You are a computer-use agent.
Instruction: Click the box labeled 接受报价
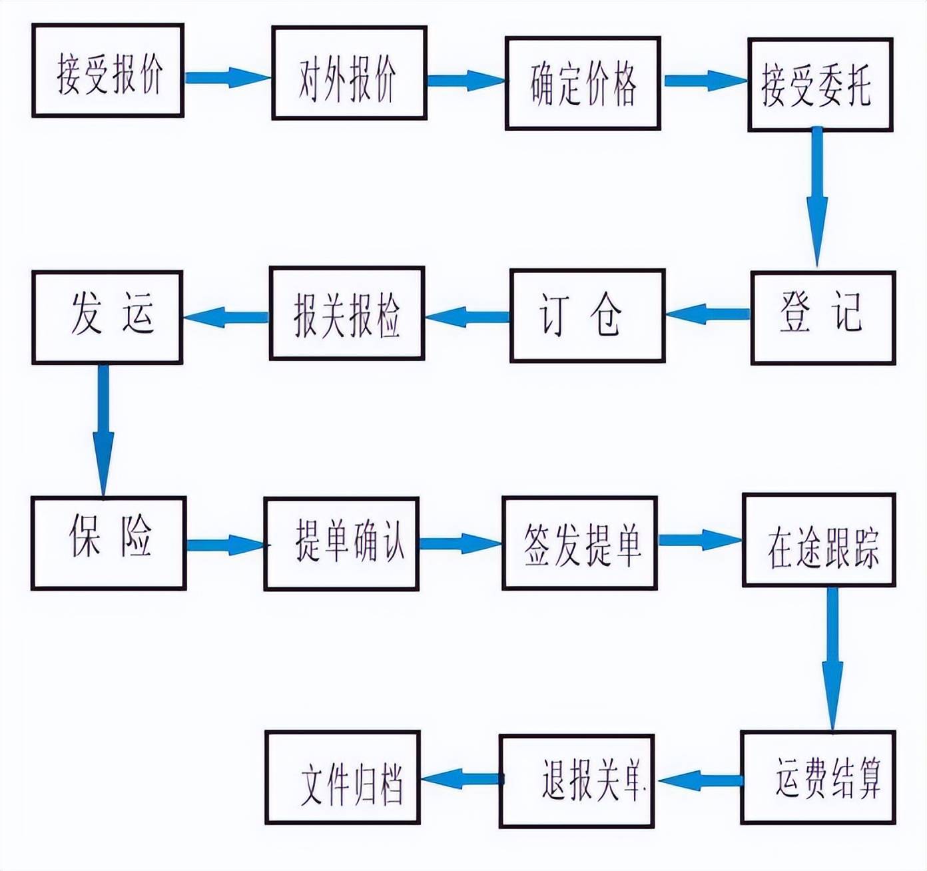pos(108,71)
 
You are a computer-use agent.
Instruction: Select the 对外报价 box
pos(349,73)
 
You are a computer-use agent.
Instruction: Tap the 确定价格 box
pos(583,83)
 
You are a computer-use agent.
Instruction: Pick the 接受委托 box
pos(820,85)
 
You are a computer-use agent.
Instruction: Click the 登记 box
pos(823,318)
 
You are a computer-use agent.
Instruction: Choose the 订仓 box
pos(587,316)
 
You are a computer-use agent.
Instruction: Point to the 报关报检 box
pos(347,314)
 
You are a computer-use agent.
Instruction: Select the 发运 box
pos(107,317)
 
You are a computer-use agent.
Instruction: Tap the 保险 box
pos(108,543)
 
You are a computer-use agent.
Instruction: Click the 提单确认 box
pos(342,543)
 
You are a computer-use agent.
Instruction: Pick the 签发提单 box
pos(579,543)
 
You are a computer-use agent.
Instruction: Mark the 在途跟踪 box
pos(819,540)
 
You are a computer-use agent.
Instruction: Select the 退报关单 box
pos(577,780)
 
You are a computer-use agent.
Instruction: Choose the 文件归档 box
pos(342,778)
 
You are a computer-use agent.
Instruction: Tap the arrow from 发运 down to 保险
pos(103,430)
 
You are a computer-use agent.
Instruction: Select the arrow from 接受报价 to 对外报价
pos(227,77)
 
